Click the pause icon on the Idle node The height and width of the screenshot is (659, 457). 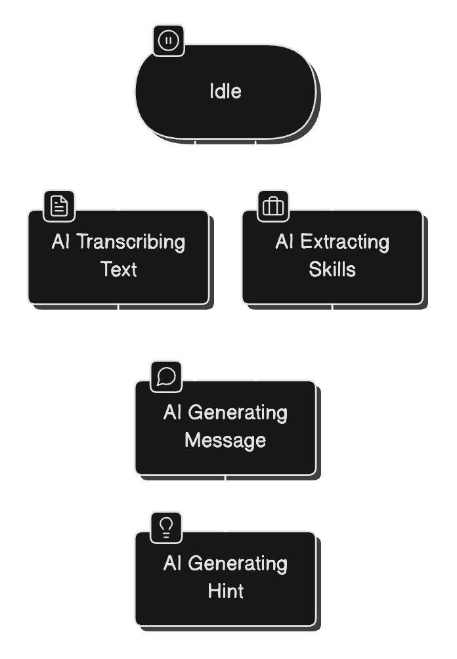[169, 41]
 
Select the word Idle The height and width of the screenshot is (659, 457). [225, 91]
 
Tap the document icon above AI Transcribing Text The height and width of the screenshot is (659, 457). [60, 206]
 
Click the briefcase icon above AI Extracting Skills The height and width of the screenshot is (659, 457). [273, 206]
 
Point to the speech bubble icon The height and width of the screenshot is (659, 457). [167, 377]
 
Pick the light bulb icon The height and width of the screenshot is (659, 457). [167, 527]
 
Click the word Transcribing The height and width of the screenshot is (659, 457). [131, 242]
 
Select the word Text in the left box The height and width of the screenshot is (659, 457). [119, 269]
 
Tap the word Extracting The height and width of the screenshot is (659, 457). [345, 242]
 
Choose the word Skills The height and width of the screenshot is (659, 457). [332, 269]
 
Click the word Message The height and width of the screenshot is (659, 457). [225, 440]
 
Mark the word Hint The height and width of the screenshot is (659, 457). [225, 591]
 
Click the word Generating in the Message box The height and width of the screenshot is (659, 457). [238, 413]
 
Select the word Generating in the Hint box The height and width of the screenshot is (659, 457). [238, 564]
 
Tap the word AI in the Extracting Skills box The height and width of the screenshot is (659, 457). [284, 242]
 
